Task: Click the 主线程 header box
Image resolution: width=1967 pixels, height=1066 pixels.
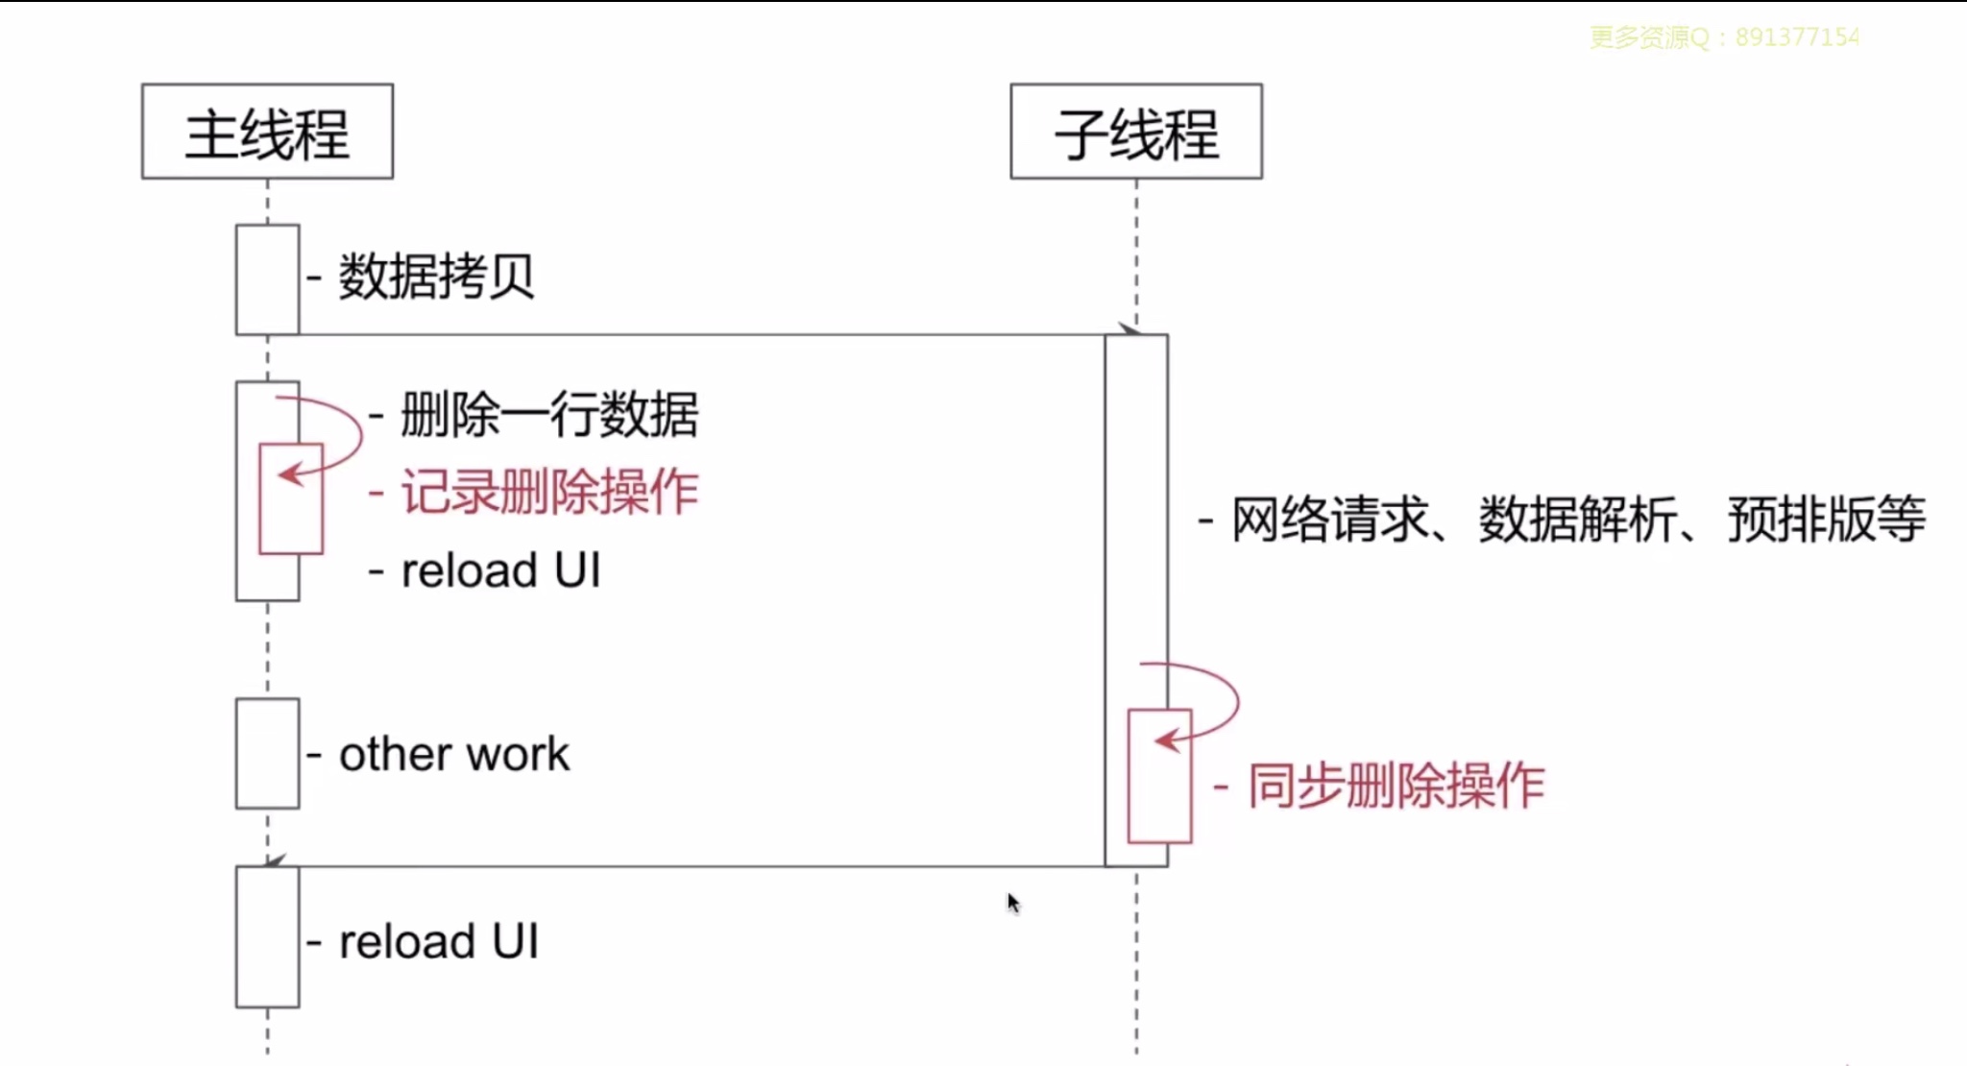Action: coord(267,132)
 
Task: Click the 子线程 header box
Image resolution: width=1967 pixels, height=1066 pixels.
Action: coord(1136,132)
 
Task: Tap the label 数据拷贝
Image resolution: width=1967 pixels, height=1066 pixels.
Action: coord(436,277)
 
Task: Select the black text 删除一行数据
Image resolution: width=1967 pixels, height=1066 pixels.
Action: coord(549,415)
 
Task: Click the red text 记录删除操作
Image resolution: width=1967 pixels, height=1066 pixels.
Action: coord(549,492)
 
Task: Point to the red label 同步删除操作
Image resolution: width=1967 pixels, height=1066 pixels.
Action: coord(1396,786)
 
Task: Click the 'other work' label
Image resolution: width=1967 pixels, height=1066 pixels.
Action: coord(454,754)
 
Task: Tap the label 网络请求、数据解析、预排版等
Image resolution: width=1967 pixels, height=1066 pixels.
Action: coord(1578,520)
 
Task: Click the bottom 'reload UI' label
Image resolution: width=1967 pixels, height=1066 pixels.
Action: coord(439,941)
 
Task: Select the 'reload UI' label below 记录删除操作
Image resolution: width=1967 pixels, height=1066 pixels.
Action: coord(500,570)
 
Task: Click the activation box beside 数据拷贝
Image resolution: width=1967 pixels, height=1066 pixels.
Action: coord(267,279)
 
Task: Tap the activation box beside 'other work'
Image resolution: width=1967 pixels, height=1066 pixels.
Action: coord(267,754)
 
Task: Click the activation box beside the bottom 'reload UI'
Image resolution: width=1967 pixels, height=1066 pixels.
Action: coord(267,937)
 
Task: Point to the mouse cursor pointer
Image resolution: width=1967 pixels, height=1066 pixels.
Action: coord(1012,903)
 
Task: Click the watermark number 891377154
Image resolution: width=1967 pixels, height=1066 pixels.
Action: coord(1797,37)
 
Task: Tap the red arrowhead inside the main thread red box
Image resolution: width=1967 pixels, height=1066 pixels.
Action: coord(288,474)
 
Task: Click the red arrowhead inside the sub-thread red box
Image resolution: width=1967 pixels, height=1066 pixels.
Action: coord(1165,740)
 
